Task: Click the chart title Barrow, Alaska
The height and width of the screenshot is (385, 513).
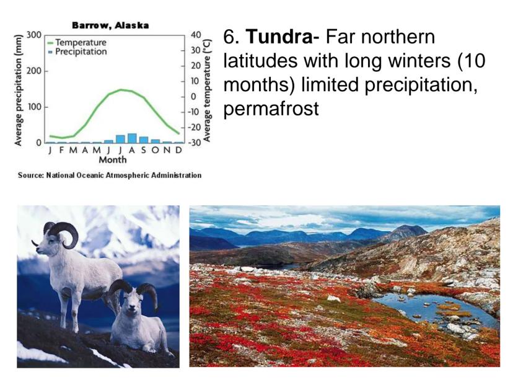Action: pos(110,25)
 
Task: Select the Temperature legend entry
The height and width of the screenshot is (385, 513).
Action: pos(77,43)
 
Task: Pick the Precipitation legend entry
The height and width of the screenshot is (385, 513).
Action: pos(77,51)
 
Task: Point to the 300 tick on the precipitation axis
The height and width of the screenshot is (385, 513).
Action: pos(33,35)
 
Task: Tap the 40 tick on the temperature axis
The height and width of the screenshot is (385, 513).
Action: pos(196,35)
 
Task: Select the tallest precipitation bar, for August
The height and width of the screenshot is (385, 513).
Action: pos(132,138)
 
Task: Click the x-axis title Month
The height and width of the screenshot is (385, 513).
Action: pos(113,160)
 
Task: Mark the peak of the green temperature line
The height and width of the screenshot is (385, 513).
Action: pos(121,89)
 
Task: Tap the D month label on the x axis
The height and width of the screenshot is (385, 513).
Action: pos(178,150)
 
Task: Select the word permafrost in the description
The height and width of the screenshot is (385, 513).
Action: pos(271,108)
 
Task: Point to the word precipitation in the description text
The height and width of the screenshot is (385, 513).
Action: pos(421,85)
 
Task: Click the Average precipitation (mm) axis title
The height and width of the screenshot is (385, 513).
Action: pos(19,89)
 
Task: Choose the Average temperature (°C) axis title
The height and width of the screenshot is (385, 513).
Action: pos(207,91)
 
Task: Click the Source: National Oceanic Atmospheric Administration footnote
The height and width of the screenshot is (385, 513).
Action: pos(110,175)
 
